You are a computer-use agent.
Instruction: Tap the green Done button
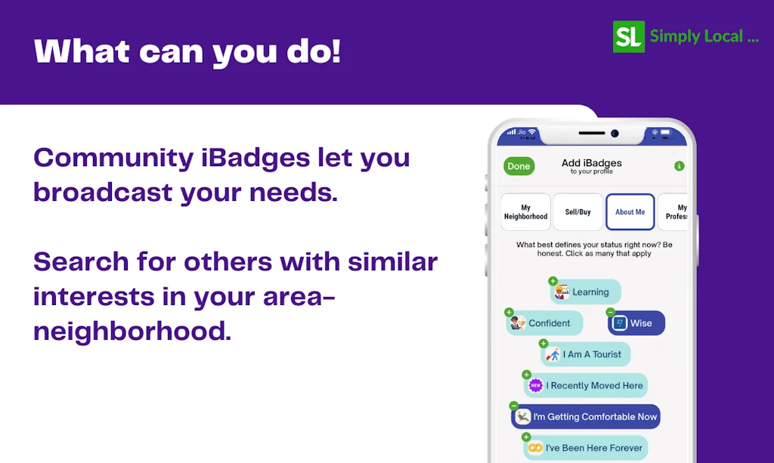(x=519, y=166)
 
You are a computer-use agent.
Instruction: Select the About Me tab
(x=630, y=212)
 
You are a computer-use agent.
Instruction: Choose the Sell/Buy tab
(x=577, y=212)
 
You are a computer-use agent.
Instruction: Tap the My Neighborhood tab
(x=525, y=212)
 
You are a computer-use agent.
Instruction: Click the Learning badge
(x=586, y=292)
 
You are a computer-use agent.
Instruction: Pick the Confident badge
(x=545, y=323)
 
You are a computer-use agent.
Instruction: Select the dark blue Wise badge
(x=636, y=323)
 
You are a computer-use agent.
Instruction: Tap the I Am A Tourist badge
(x=586, y=354)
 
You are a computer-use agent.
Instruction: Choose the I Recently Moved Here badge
(x=587, y=385)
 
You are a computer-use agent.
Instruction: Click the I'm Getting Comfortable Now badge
(x=586, y=417)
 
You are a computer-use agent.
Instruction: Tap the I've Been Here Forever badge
(x=587, y=448)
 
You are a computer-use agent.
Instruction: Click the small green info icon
(x=679, y=166)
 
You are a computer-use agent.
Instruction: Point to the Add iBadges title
(x=592, y=163)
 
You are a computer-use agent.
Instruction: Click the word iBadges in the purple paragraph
(x=256, y=158)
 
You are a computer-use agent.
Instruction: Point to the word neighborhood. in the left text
(x=132, y=331)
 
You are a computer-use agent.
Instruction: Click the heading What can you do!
(x=187, y=51)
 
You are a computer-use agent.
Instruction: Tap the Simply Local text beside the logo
(x=704, y=36)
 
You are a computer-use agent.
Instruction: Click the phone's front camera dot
(x=615, y=134)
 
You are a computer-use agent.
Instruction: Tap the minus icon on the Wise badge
(x=611, y=312)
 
